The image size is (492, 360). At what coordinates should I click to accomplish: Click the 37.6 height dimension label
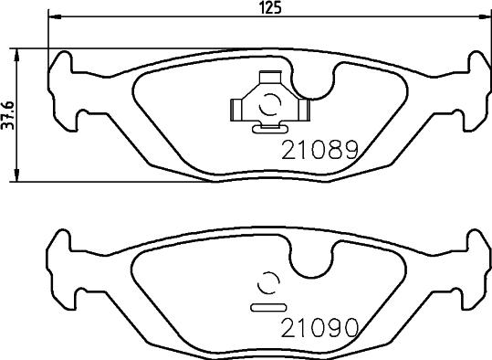pyautogui.click(x=7, y=114)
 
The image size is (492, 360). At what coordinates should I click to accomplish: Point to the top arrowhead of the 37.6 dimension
pyautogui.click(x=18, y=51)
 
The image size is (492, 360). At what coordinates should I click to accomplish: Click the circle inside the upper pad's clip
pyautogui.click(x=270, y=107)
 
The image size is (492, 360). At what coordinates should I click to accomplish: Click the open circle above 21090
pyautogui.click(x=270, y=283)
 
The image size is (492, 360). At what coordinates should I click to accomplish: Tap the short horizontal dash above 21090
pyautogui.click(x=268, y=303)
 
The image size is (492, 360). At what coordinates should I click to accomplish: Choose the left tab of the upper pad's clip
pyautogui.click(x=235, y=111)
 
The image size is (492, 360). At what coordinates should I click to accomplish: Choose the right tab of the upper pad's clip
pyautogui.click(x=305, y=111)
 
